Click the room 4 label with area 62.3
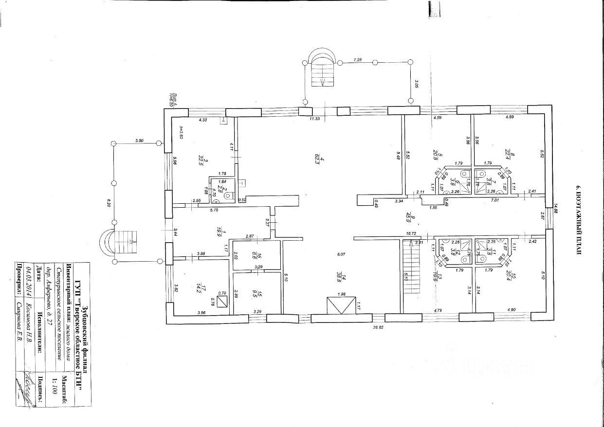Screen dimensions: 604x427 pos(316,158)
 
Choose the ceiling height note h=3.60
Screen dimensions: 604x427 pos(180,133)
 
